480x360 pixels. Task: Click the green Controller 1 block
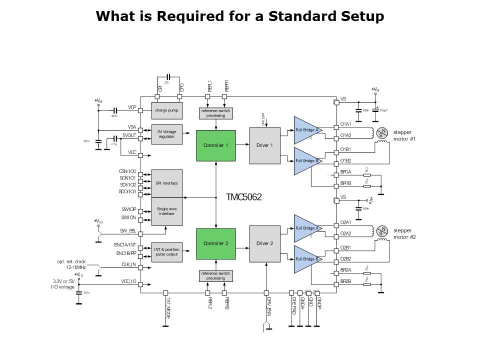tap(215, 145)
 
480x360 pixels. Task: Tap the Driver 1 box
tap(264, 145)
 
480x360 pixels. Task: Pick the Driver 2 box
tap(264, 243)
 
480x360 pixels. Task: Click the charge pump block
tap(166, 110)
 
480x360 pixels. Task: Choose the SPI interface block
tap(166, 183)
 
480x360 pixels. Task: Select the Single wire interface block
tap(166, 211)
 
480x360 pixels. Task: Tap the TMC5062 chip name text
tap(244, 197)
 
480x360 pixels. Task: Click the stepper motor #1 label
tap(404, 136)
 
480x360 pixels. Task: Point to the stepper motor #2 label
tap(404, 234)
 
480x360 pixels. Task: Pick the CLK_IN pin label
tap(129, 264)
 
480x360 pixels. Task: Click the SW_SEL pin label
tap(128, 231)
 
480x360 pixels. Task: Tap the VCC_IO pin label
tap(128, 281)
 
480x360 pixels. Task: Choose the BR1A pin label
tap(346, 171)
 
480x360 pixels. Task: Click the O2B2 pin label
tap(346, 258)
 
